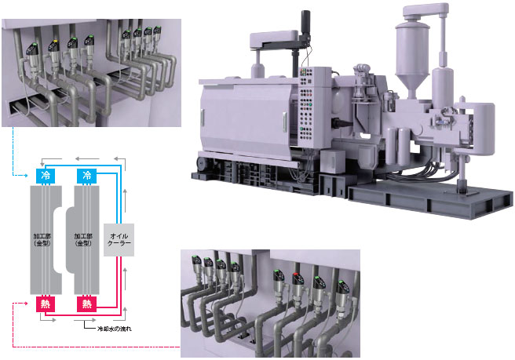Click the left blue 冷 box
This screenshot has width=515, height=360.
tap(46, 175)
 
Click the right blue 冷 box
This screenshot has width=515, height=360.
tap(87, 175)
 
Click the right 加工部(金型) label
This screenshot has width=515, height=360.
tap(84, 239)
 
